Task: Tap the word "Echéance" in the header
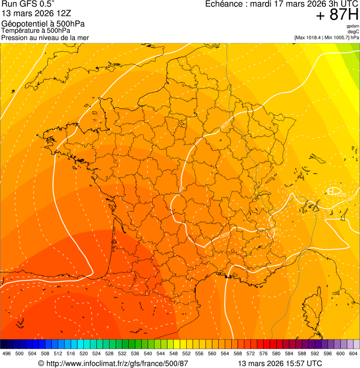pos(223,4)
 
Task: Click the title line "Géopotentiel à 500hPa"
pos(44,24)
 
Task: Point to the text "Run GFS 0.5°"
pos(29,4)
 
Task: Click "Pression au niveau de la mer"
pos(45,37)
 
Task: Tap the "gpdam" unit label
pos(353,26)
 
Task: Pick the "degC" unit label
pos(353,32)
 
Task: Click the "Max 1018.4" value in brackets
pos(310,37)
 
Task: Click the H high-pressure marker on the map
pos(331,191)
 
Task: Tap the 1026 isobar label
pos(340,195)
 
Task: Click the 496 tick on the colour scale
pos(7,353)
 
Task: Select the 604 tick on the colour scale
pos(353,353)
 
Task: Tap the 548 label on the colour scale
pos(174,353)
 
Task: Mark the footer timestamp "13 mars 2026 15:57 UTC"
pos(280,363)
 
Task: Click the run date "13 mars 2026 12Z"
pos(35,14)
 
